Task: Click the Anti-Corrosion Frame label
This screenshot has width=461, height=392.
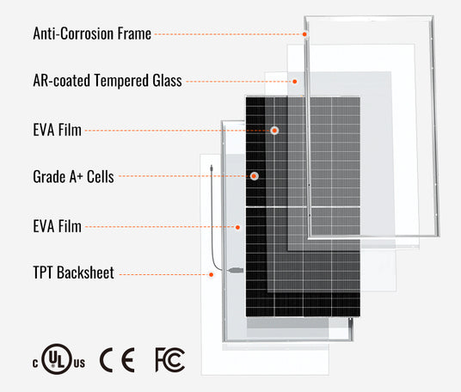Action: [92, 34]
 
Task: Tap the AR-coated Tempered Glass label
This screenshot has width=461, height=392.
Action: [108, 81]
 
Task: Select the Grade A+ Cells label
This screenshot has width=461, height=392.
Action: [73, 176]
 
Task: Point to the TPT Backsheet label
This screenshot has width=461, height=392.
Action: [73, 273]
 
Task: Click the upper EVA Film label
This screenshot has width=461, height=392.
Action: [57, 130]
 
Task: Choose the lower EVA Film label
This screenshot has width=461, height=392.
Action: [57, 226]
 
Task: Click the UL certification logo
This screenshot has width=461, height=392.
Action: [58, 359]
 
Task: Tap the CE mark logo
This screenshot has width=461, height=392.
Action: [118, 359]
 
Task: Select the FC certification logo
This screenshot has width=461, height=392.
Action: [170, 359]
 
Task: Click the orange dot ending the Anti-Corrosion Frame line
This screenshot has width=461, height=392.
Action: [304, 34]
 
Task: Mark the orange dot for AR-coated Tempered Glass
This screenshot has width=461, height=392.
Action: [295, 82]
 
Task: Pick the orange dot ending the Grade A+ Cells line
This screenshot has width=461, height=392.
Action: [254, 176]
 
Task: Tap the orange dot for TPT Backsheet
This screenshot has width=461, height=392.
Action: [211, 275]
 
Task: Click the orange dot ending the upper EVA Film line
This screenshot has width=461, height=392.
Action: [274, 130]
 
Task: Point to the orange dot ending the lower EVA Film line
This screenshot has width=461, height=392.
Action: [237, 227]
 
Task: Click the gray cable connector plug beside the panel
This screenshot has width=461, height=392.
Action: [236, 270]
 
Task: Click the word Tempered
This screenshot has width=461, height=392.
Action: [121, 81]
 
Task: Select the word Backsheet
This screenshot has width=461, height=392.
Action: [85, 273]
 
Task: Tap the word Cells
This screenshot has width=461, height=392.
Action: [101, 176]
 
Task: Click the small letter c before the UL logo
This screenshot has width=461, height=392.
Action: [35, 364]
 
